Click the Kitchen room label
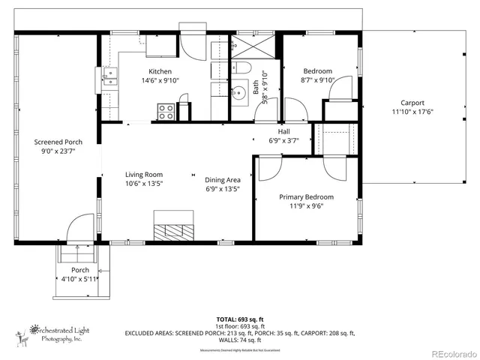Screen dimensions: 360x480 (161, 71)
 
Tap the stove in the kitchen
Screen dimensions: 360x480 (166, 112)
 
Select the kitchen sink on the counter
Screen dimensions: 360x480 (109, 78)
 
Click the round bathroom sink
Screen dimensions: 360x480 (238, 94)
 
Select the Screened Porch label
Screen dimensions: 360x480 (58, 141)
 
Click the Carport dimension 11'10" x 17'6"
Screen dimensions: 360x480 (412, 112)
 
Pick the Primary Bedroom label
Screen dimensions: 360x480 (306, 196)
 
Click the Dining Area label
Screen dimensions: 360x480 (222, 179)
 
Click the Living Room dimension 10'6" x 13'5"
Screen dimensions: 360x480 (143, 183)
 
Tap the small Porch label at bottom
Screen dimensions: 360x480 (80, 270)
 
